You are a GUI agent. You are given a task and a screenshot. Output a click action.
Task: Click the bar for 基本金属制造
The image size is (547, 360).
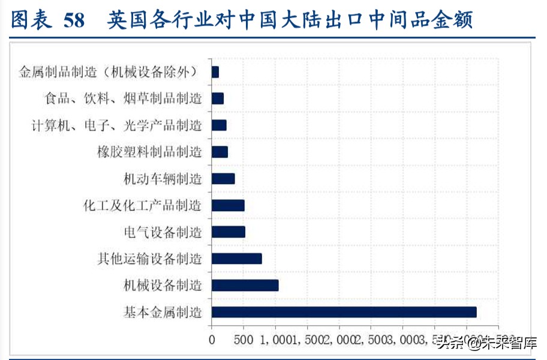[344, 312]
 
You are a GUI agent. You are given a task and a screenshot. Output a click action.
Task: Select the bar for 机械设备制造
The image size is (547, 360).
[245, 285]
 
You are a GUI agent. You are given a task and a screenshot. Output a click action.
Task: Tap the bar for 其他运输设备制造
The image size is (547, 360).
[236, 259]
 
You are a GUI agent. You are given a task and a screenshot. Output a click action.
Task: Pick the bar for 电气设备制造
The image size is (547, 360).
[228, 232]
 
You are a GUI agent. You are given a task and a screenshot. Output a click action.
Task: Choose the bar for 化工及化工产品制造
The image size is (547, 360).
[228, 205]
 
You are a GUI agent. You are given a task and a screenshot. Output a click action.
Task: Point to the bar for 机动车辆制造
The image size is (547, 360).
[223, 178]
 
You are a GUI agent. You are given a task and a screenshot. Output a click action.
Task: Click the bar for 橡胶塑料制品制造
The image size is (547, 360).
[220, 152]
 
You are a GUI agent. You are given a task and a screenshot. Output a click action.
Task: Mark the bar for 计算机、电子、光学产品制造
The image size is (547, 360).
[219, 125]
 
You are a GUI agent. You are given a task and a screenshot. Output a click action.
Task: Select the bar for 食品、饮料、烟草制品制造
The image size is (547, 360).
[217, 98]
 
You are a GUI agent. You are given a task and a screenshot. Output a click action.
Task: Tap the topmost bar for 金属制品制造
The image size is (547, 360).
[215, 72]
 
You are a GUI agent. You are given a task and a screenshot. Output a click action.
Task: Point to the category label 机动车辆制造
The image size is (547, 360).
[163, 179]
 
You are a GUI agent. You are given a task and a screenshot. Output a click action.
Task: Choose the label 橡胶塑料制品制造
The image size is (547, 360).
[149, 152]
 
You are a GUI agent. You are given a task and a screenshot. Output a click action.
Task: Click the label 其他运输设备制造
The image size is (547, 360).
[149, 259]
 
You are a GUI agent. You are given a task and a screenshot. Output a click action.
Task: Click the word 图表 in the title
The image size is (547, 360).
[29, 20]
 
